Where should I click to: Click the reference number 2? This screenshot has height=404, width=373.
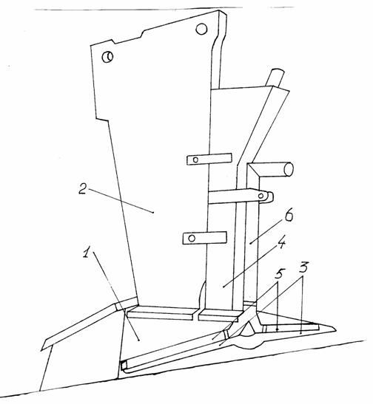tap(83, 189)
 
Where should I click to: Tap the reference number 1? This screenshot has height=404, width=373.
tap(87, 251)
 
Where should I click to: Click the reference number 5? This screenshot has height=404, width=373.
tap(280, 274)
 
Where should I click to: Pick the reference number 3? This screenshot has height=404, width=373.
tap(303, 268)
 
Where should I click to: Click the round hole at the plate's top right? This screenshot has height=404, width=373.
tap(201, 29)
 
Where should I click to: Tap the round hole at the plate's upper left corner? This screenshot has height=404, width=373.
tap(107, 57)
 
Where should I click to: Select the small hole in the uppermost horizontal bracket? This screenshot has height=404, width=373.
tap(195, 160)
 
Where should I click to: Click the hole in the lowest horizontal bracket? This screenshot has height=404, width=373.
tap(192, 238)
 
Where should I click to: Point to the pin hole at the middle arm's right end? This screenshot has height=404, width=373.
tap(261, 196)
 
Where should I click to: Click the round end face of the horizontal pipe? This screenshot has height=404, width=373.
tap(289, 169)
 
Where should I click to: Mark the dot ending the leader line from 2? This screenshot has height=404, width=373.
tap(153, 212)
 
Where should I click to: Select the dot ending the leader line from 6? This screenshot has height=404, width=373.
tap(250, 243)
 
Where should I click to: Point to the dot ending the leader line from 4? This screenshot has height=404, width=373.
tap(224, 287)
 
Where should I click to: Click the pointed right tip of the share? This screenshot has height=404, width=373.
tap(336, 330)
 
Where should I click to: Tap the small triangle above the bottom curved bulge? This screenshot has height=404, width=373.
tap(249, 329)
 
